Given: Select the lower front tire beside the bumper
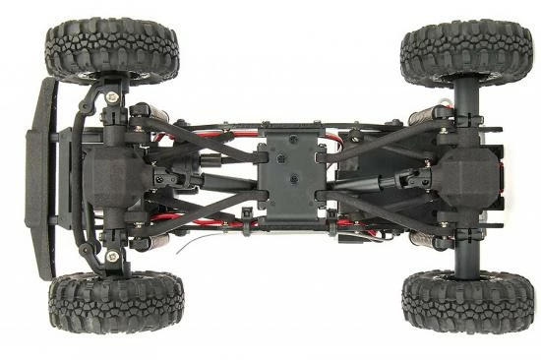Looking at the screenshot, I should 115,303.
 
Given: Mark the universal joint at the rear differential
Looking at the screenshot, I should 413,179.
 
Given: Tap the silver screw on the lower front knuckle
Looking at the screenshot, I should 114,256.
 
